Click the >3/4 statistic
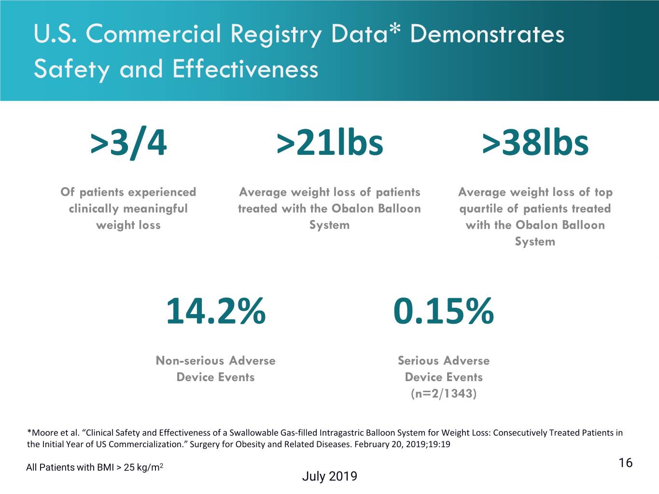pos(128,142)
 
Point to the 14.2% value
pos(216,311)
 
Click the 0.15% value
pos(443,311)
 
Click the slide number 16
pos(625,463)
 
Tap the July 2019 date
pos(329,476)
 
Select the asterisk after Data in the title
pos(395,29)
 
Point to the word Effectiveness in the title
pos(245,69)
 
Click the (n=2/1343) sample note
pos(443,393)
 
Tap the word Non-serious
pos(190,360)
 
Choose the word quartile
pos(480,209)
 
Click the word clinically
pos(93,209)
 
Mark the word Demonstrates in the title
pos(487,34)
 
